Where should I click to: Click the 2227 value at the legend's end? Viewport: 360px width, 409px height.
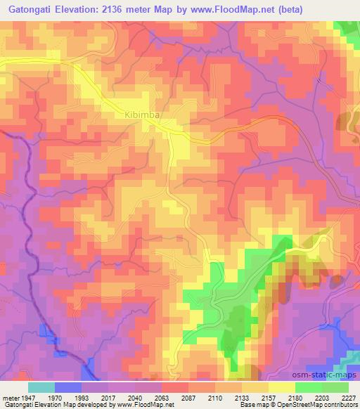pyautogui.click(x=349, y=397)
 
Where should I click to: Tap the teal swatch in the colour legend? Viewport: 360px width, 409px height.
pyautogui.click(x=41, y=387)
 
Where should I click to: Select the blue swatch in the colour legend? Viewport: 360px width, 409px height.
pyautogui.click(x=68, y=387)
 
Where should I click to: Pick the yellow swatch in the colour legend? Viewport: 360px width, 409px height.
pyautogui.click(x=282, y=387)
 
